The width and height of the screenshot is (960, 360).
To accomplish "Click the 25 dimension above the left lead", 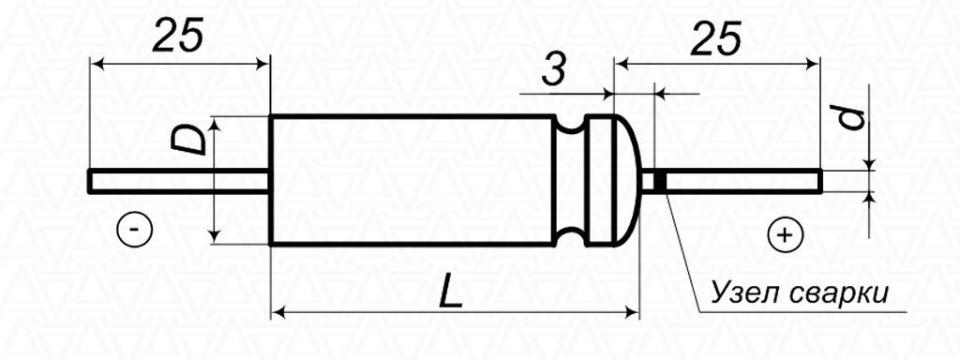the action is click(x=177, y=36).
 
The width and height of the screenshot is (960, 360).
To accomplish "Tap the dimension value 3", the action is click(x=553, y=71).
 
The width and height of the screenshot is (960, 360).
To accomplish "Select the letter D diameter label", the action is click(x=187, y=141).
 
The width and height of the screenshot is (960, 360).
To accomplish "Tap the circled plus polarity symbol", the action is click(x=785, y=235).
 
